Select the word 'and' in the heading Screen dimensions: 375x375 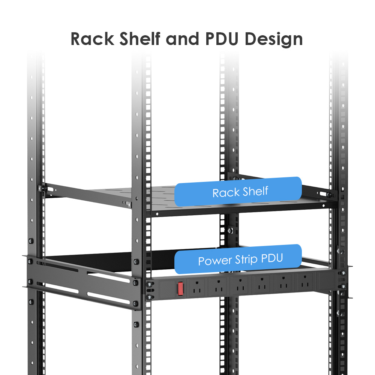tap(181, 39)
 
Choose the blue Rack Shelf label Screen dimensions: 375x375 tap(238, 192)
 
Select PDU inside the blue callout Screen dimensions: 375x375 tap(270, 258)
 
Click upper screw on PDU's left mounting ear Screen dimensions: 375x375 tap(150, 284)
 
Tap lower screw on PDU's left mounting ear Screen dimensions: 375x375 tap(150, 297)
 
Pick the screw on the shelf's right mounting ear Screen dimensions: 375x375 tap(329, 195)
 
